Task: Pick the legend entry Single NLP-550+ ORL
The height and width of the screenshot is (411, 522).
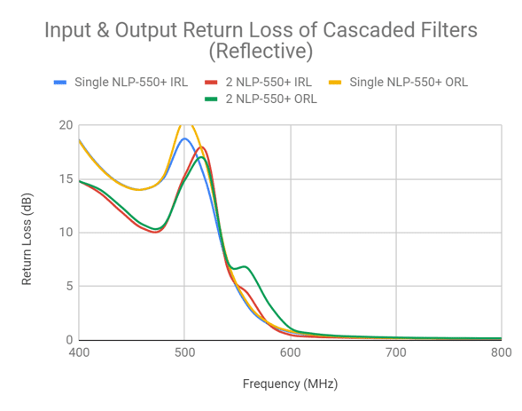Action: [409, 83]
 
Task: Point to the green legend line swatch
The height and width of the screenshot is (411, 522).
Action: [210, 99]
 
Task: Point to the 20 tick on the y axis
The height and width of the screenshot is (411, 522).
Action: [65, 124]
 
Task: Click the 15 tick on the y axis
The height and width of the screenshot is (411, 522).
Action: [65, 178]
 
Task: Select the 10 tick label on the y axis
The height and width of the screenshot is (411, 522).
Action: [65, 233]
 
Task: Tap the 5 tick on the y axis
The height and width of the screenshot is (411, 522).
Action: [67, 287]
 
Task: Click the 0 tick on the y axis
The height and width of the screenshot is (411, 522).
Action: [67, 340]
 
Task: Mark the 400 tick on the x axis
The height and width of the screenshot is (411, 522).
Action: [79, 352]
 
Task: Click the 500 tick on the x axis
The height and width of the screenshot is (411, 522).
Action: [184, 352]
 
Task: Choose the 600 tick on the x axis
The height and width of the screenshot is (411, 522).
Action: [290, 352]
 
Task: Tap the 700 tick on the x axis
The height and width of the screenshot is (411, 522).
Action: [395, 352]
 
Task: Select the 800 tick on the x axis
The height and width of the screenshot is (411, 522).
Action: [501, 352]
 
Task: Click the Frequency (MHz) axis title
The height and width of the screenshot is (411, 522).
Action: [290, 384]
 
